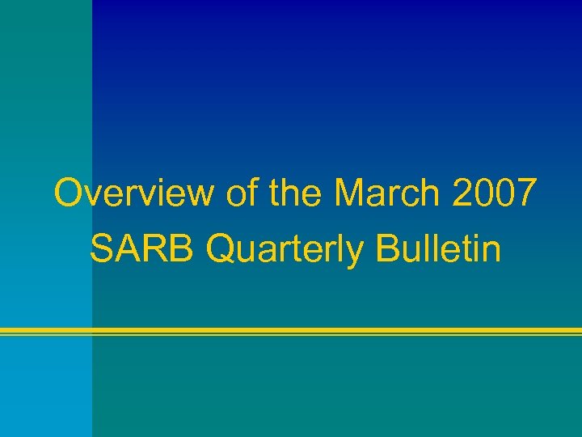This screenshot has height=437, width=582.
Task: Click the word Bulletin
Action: click(x=438, y=250)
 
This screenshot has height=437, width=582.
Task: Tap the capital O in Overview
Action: click(x=69, y=194)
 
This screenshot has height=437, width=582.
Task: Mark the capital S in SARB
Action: click(x=101, y=250)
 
